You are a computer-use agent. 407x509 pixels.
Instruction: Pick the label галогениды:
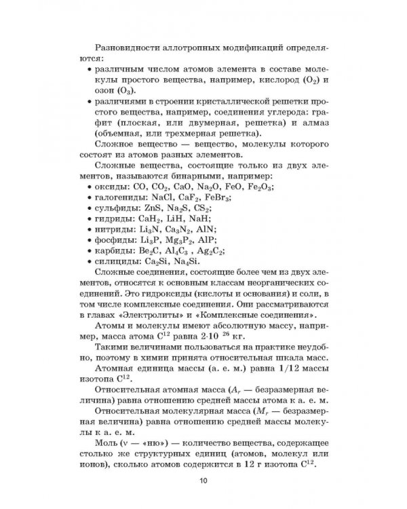[x=119, y=197]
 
